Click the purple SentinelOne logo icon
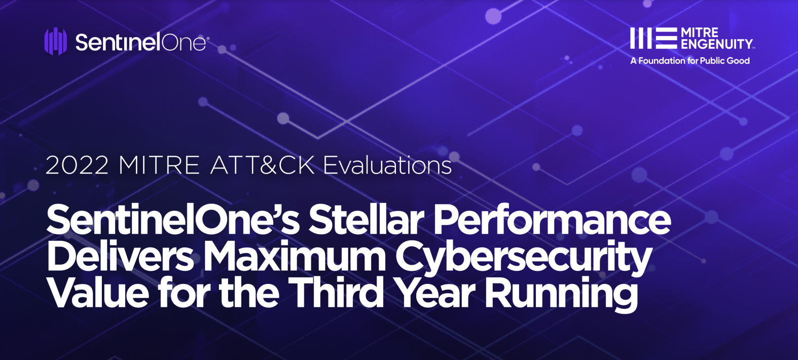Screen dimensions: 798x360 pos(56,42)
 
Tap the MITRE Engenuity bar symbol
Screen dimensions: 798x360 pos(654,38)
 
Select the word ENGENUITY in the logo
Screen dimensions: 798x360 pos(717,44)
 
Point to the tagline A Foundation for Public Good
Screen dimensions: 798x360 pos(690,61)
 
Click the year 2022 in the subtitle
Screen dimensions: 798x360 pos(77,165)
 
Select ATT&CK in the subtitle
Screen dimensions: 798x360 pos(263,165)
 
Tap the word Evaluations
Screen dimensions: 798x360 pos(387,165)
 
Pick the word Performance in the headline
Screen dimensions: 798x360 pos(552,220)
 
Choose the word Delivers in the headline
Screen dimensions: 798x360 pos(120,256)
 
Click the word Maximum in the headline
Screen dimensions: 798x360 pos(295,256)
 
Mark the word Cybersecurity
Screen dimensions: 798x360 pos(523,260)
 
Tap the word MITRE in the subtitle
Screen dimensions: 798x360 pos(159,165)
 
